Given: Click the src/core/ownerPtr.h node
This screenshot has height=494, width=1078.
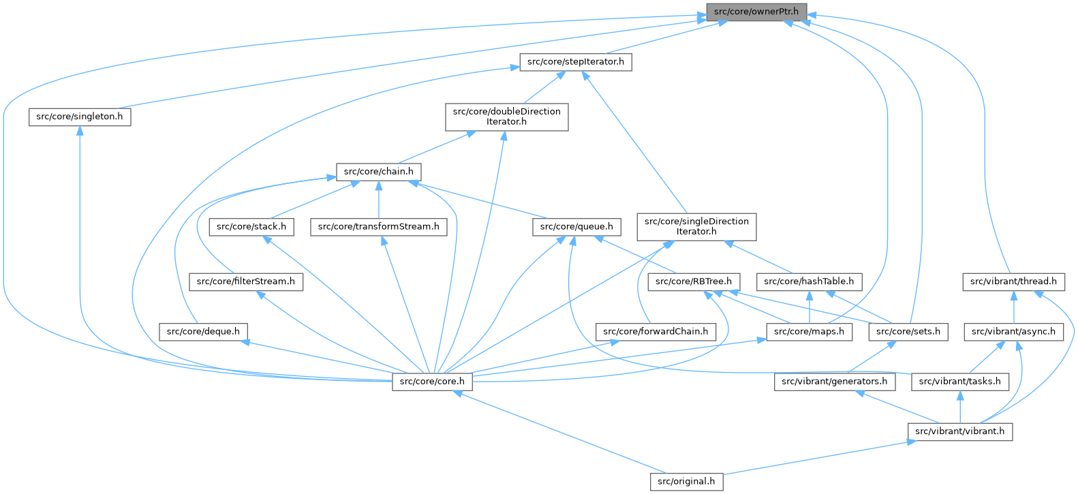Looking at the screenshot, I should tap(756, 12).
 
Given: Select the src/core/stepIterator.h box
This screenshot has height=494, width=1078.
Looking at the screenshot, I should tap(575, 62).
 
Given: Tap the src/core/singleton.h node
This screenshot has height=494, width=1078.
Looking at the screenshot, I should tap(80, 117).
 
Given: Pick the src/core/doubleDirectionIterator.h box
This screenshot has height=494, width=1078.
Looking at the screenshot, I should tap(506, 117).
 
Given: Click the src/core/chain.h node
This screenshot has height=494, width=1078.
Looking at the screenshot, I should tap(378, 172).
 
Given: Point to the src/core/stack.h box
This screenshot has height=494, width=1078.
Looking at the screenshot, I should tap(251, 226).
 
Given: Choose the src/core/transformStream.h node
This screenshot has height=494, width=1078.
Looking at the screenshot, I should tap(379, 226).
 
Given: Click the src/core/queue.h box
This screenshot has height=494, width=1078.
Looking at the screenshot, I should tap(576, 226).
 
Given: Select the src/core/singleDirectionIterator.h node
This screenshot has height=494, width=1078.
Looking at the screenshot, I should tap(696, 226).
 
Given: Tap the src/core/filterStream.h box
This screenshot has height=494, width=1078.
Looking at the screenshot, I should tap(246, 281).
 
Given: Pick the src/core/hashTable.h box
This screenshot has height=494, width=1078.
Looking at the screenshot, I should tap(809, 281).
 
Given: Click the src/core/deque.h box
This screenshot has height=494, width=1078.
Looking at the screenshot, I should tap(203, 332).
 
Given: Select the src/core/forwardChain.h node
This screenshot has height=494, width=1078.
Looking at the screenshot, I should tap(656, 332).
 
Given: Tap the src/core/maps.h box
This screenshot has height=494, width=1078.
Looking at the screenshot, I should tap(809, 332).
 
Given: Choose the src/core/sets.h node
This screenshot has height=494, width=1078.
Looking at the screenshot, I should tap(908, 332).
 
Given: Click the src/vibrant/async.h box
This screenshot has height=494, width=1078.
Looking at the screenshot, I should tap(1013, 332).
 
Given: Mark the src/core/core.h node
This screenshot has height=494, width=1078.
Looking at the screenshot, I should tap(432, 382).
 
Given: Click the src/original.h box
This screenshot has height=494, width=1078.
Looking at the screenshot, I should tap(686, 482).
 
